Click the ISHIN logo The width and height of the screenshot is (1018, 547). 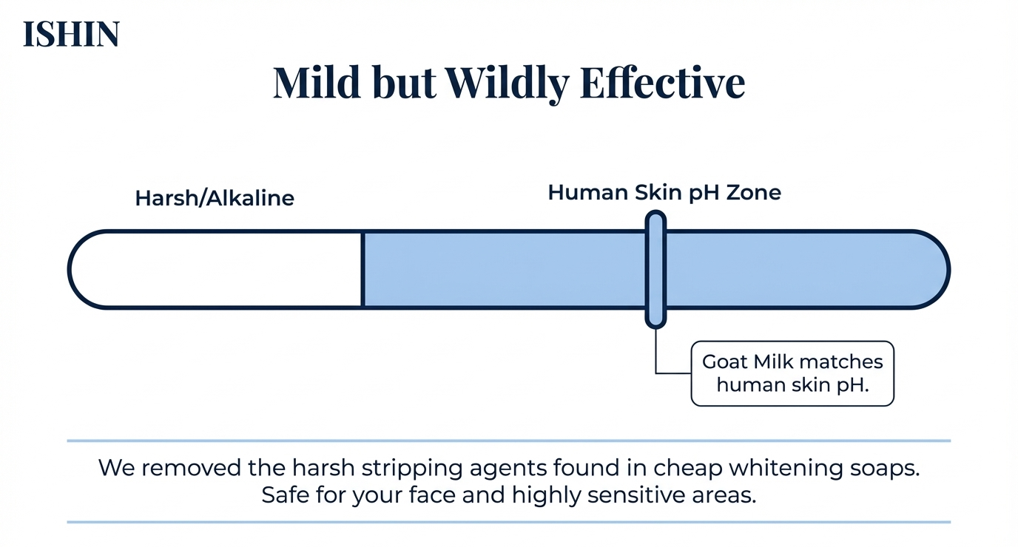pyautogui.click(x=71, y=34)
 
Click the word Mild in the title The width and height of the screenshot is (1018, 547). pyautogui.click(x=317, y=83)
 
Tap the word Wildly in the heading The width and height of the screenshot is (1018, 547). pyautogui.click(x=507, y=85)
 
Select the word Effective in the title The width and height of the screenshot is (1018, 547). pyautogui.click(x=663, y=82)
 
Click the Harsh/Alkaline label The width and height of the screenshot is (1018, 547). pyautogui.click(x=215, y=198)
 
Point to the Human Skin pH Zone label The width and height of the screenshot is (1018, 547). pyautogui.click(x=664, y=192)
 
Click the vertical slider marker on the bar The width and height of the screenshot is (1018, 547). pyautogui.click(x=655, y=269)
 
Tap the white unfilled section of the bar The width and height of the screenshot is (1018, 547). pyautogui.click(x=216, y=270)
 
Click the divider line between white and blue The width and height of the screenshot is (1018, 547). pyautogui.click(x=363, y=270)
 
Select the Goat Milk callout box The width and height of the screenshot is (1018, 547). pyautogui.click(x=792, y=373)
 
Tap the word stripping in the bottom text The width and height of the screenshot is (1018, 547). pyautogui.click(x=412, y=468)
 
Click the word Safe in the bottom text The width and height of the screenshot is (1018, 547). pyautogui.click(x=286, y=495)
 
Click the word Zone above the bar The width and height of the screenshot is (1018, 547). pyautogui.click(x=753, y=192)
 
